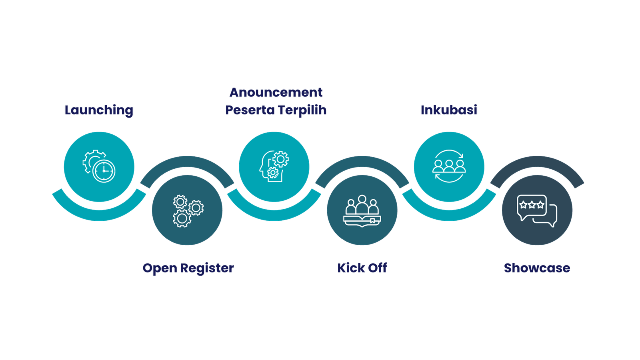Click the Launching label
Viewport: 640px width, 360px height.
(99, 110)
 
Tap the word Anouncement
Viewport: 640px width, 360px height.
(276, 92)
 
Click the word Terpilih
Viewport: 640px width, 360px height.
(302, 110)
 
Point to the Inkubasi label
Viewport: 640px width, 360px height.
(449, 110)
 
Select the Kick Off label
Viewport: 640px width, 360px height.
(362, 268)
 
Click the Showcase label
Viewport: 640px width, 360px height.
(537, 268)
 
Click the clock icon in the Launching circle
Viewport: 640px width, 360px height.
(104, 171)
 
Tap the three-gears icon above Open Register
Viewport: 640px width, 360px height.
(188, 211)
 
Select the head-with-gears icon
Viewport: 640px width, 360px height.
(274, 166)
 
